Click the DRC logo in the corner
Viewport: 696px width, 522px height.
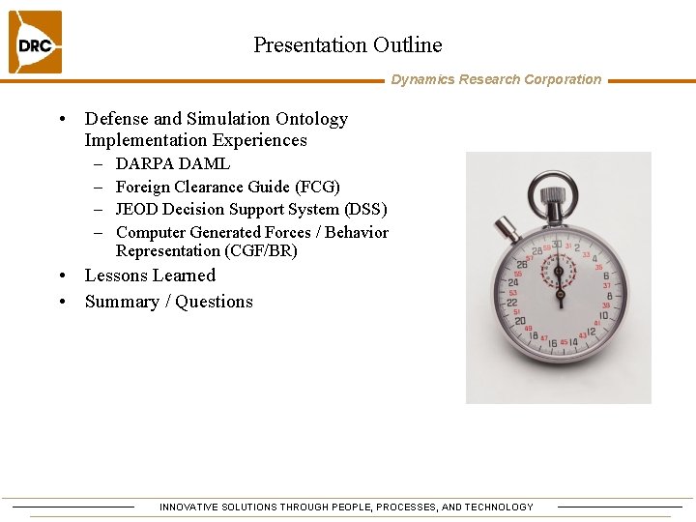(35, 43)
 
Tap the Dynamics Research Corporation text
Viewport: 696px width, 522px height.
(496, 80)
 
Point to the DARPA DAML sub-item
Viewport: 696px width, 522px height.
(172, 164)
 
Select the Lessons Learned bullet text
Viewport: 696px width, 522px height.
(150, 275)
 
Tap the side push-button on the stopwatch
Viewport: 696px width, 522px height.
(506, 229)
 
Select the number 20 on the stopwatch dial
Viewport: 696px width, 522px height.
(520, 322)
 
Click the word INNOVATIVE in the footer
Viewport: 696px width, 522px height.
(189, 507)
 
